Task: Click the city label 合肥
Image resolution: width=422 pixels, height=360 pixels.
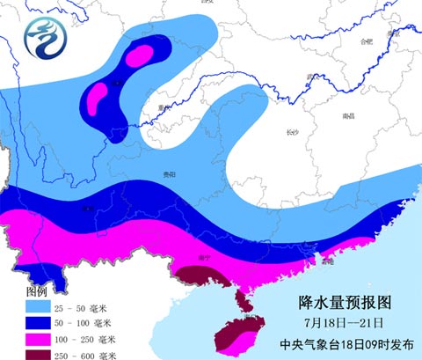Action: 367,40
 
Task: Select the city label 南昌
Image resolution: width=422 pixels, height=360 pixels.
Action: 349,115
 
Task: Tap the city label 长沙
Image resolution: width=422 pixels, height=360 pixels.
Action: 292,132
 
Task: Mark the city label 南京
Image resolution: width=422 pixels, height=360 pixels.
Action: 411,30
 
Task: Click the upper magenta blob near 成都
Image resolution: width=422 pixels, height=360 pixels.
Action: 139,57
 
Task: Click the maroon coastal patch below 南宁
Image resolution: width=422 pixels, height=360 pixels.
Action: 204,281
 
